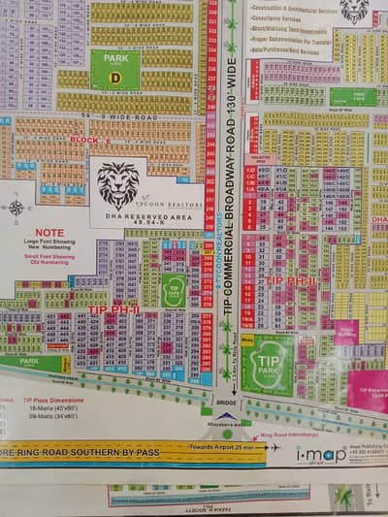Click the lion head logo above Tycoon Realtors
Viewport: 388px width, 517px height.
[x=118, y=184]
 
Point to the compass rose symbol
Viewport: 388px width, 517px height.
[x=16, y=207]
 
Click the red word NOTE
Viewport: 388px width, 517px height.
[x=49, y=234]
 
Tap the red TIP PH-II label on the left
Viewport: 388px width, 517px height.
[x=113, y=309]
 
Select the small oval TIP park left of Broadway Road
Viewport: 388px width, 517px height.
[x=174, y=290]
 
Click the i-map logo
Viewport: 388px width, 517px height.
[x=320, y=454]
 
